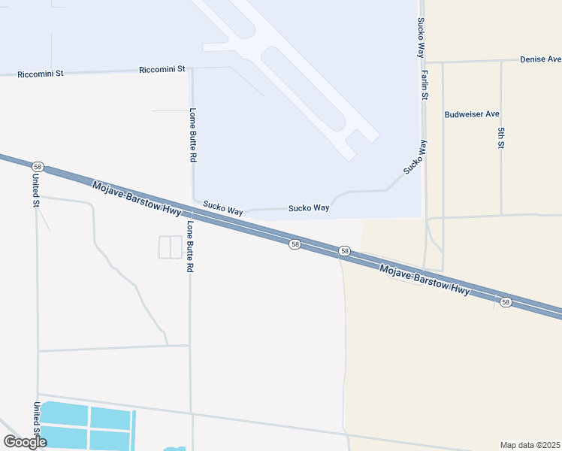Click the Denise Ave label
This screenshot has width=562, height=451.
(542, 59)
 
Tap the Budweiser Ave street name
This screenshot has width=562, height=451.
(472, 114)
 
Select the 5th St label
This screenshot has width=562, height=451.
(500, 138)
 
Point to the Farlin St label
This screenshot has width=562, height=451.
(425, 85)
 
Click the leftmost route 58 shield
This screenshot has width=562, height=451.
(38, 166)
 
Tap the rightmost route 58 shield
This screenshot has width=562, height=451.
(506, 302)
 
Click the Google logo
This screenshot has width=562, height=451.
(25, 442)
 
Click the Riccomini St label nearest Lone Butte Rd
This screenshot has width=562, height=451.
(162, 69)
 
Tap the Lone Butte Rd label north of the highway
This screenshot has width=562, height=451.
(192, 135)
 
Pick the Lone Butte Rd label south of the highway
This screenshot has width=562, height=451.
(189, 247)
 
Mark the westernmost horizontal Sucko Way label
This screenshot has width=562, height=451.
(222, 207)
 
